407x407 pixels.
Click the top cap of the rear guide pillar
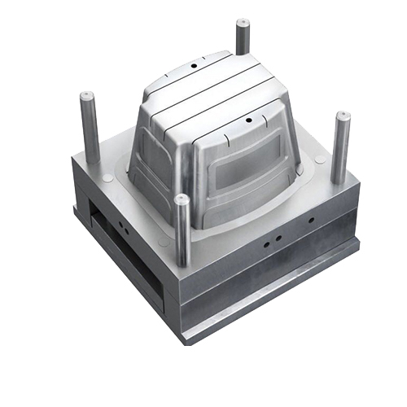243,24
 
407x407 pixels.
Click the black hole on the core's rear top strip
195,62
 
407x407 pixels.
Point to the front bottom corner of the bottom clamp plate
186,335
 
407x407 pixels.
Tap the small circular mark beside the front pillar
165,242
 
